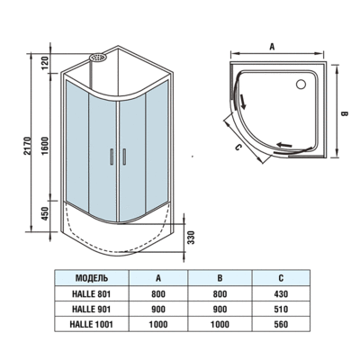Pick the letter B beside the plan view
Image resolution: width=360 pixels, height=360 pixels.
344,113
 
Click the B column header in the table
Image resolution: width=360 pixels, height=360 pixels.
220,277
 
